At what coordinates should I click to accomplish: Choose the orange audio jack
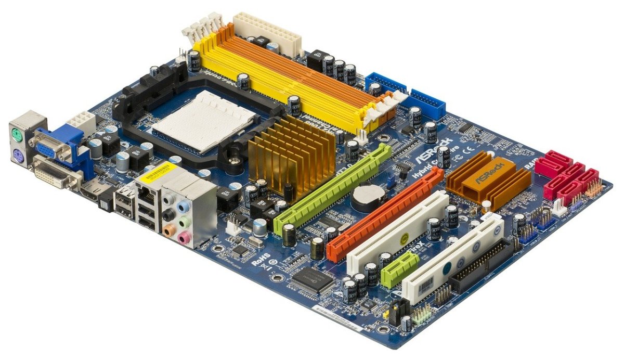tap(168, 229)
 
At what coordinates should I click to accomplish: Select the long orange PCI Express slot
tap(385, 213)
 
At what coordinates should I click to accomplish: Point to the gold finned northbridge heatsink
tap(291, 156)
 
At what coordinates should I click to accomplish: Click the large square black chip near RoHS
tap(313, 280)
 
